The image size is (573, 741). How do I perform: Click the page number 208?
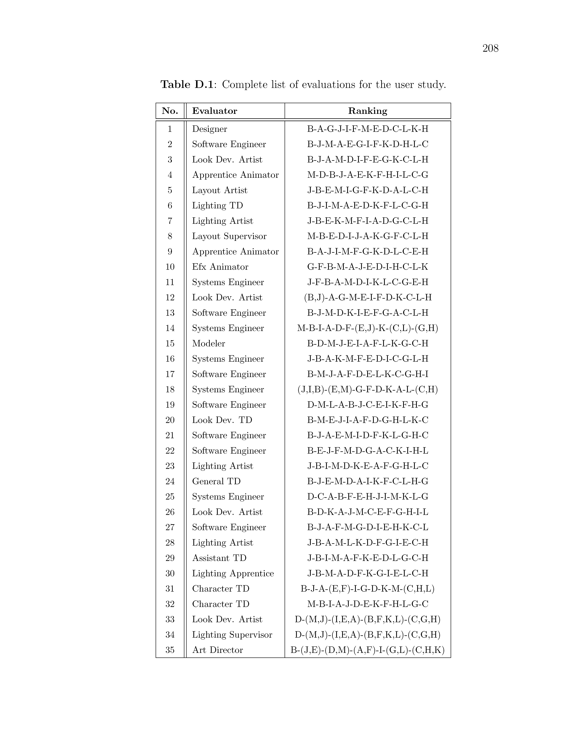pyautogui.click(x=490, y=49)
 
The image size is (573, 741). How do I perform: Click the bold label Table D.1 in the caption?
pyautogui.click(x=187, y=84)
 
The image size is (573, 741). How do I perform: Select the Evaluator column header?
pyautogui.click(x=214, y=111)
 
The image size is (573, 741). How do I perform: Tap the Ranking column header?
pyautogui.click(x=368, y=111)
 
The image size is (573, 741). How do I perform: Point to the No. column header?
pyautogui.click(x=170, y=111)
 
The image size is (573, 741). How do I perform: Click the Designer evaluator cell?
pyautogui.click(x=209, y=129)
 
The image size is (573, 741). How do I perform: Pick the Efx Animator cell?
pyautogui.click(x=220, y=267)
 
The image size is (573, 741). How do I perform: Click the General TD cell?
pyautogui.click(x=216, y=481)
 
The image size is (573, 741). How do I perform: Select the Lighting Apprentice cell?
pyautogui.click(x=233, y=573)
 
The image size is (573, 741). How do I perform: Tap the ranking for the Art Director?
pyautogui.click(x=368, y=650)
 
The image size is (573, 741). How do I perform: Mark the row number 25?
pyautogui.click(x=170, y=497)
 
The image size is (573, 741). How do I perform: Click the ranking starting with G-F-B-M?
pyautogui.click(x=368, y=267)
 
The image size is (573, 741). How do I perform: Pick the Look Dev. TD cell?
pyautogui.click(x=222, y=420)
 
